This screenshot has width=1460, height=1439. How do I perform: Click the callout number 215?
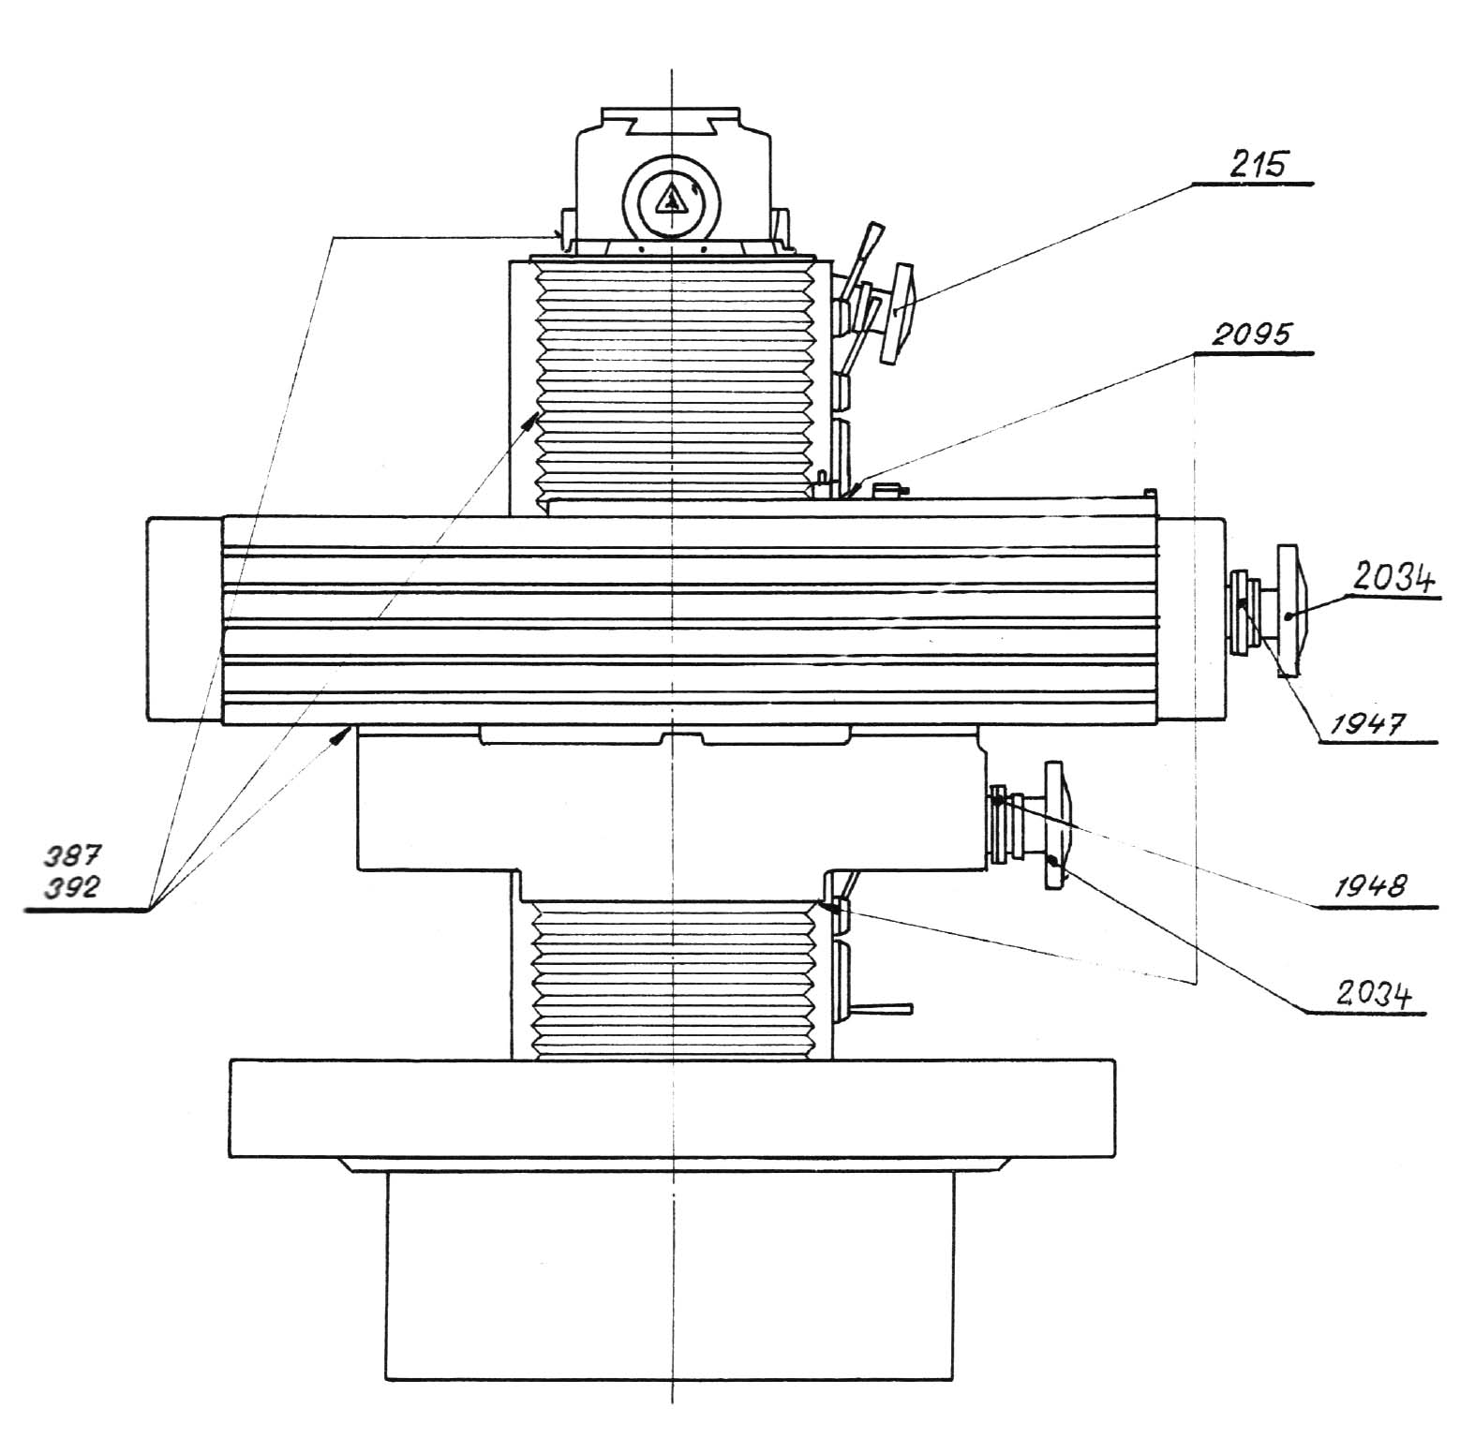point(1258,165)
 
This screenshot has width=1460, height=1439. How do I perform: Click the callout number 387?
point(71,853)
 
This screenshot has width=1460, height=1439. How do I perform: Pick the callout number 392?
point(71,885)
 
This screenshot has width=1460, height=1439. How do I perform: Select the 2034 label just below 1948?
point(1373,994)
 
